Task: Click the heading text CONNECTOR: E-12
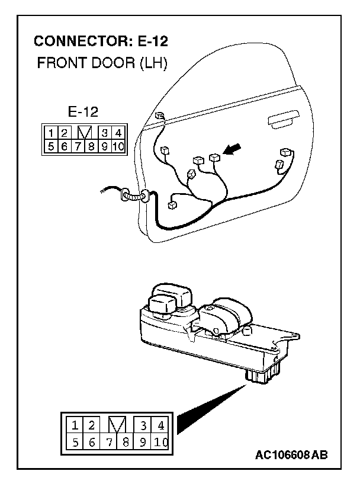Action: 101,41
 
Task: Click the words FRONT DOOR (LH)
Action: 102,63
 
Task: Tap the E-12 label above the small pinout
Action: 83,111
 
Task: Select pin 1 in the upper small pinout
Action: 52,133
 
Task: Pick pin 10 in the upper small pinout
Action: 117,146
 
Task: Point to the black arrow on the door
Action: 235,152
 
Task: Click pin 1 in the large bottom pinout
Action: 76,425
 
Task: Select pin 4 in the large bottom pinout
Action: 160,425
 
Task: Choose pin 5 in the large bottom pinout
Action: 76,442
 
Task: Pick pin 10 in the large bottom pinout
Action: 160,442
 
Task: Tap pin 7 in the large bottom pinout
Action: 110,442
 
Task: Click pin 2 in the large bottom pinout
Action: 92,425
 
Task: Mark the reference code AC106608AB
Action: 291,455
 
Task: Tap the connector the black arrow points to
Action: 214,158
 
